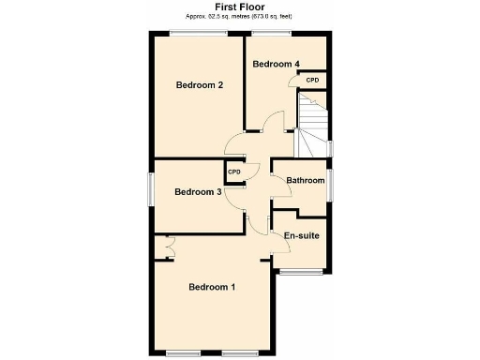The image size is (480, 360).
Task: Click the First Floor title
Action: [x=239, y=7]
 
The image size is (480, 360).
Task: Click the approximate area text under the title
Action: [x=239, y=17]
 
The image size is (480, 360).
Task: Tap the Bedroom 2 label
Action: [x=200, y=85]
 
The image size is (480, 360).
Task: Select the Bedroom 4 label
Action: [x=276, y=64]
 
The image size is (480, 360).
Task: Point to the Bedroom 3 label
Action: [x=198, y=192]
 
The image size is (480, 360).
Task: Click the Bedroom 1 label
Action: [x=211, y=287]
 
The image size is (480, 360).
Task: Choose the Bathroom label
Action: [x=306, y=180]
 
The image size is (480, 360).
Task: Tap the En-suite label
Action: [x=302, y=235]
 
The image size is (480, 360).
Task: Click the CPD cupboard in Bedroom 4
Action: [x=312, y=81]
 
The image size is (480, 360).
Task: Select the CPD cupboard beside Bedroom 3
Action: [x=234, y=172]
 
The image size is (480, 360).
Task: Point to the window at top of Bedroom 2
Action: [x=198, y=34]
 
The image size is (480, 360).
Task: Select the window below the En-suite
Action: [x=300, y=272]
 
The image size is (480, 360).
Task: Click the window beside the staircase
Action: [x=330, y=147]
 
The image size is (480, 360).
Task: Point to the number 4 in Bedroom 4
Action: [x=296, y=64]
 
